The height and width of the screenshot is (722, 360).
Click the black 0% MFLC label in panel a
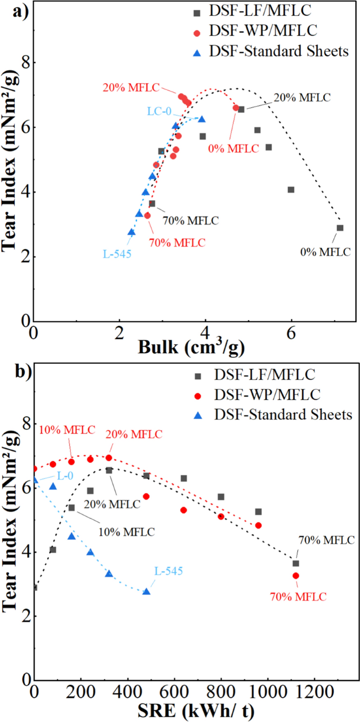click(324, 252)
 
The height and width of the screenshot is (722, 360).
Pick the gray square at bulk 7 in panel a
click(340, 228)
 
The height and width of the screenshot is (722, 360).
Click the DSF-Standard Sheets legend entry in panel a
click(271, 51)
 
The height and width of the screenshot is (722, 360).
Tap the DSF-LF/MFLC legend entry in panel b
click(271, 375)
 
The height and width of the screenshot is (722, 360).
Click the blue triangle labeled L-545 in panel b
click(146, 592)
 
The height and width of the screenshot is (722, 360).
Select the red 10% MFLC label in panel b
click(67, 430)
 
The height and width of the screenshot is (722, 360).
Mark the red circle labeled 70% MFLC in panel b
click(296, 576)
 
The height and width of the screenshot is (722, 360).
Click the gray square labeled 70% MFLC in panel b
click(296, 563)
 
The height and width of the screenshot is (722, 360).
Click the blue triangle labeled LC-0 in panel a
click(201, 119)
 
